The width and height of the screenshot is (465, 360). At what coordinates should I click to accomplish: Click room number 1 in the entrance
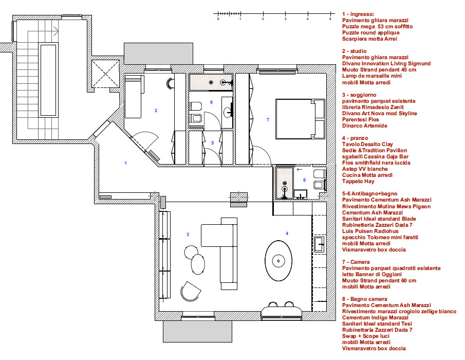(126, 163)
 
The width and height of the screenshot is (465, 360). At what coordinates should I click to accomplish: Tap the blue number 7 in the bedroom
(268, 120)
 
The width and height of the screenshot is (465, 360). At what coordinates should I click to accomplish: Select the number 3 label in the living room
(188, 235)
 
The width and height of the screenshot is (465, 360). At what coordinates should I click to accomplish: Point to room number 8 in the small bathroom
(304, 180)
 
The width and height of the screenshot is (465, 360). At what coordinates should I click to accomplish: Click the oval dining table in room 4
(278, 261)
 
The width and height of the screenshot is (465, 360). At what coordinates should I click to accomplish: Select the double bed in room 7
(300, 119)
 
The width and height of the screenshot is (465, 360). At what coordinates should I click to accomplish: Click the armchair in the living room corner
(190, 291)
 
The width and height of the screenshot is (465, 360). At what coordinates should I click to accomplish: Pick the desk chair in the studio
(170, 83)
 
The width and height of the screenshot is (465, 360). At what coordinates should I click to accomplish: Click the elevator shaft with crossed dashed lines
(105, 74)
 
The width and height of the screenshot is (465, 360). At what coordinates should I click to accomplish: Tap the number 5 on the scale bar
(330, 19)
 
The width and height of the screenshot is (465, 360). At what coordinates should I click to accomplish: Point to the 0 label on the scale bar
(218, 19)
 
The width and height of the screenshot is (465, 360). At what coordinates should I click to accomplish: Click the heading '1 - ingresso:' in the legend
(358, 14)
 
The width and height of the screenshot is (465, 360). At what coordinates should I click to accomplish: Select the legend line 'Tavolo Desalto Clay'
(367, 144)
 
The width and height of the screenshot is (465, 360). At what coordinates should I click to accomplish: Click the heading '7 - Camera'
(356, 262)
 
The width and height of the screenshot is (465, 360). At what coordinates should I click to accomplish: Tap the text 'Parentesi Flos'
(360, 120)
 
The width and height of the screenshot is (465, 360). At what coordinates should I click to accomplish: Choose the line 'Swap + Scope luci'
(366, 336)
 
